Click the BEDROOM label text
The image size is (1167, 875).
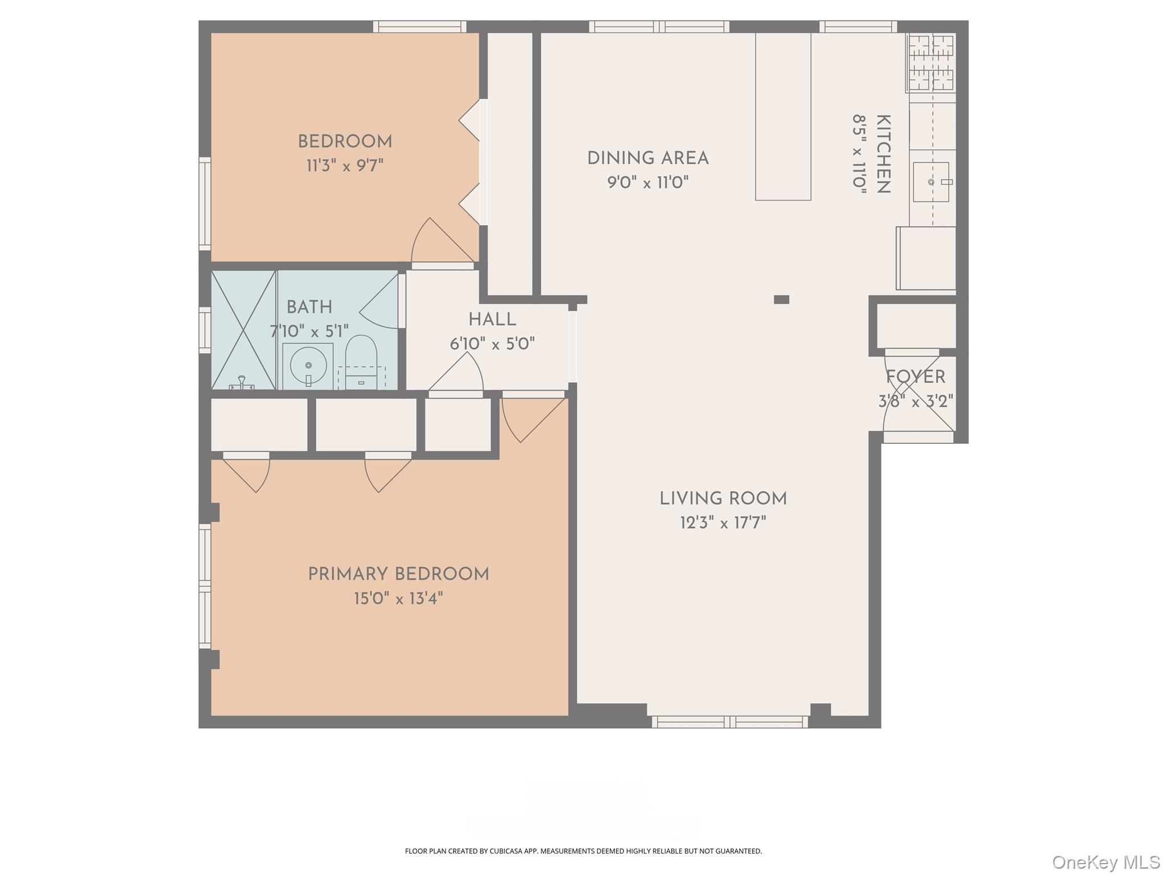(x=345, y=142)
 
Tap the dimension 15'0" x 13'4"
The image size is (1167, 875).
(x=398, y=599)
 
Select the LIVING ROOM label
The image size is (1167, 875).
(x=723, y=499)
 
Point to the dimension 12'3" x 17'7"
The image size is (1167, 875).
(x=723, y=523)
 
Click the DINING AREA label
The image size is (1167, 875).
(x=648, y=158)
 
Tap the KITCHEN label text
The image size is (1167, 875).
(x=883, y=154)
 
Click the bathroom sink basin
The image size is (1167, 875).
(x=308, y=365)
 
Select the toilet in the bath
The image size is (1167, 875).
(x=361, y=359)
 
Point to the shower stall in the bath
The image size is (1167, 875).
(x=243, y=330)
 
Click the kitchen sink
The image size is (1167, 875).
(x=931, y=182)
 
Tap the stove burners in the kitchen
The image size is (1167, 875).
(x=931, y=62)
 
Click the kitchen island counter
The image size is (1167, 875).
(x=783, y=117)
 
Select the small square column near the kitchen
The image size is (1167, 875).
(x=781, y=300)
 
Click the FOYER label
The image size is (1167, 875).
(x=915, y=377)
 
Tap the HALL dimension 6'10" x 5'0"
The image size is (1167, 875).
(x=492, y=344)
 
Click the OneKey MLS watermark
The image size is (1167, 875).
(x=1105, y=862)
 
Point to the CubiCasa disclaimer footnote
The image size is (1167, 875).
(x=583, y=851)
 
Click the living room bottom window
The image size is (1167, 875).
(x=730, y=722)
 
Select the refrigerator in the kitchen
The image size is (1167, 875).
(x=926, y=258)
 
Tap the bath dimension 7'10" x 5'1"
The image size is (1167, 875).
(x=309, y=331)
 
